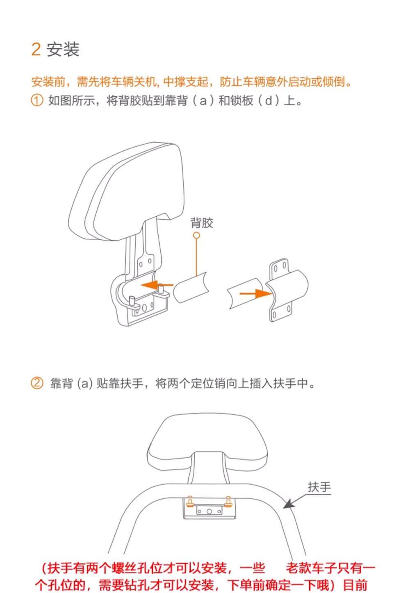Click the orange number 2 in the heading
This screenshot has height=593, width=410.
click(x=36, y=49)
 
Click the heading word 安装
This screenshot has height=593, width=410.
click(x=63, y=49)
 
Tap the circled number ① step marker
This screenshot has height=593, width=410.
click(x=37, y=100)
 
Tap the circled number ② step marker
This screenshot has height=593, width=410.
click(x=37, y=383)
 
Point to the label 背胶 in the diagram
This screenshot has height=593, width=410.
click(x=202, y=223)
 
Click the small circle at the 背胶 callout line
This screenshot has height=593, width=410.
click(x=196, y=235)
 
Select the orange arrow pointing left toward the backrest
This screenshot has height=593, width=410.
click(x=157, y=285)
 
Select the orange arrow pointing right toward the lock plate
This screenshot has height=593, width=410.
click(x=256, y=293)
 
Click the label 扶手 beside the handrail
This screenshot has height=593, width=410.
click(x=319, y=487)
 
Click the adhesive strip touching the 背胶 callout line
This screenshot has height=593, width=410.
click(x=191, y=288)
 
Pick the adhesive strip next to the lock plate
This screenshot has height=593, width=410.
click(x=245, y=293)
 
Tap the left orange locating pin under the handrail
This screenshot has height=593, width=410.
click(x=190, y=502)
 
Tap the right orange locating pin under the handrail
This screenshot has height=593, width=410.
click(x=228, y=502)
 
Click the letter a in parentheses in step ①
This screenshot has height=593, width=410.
click(x=203, y=101)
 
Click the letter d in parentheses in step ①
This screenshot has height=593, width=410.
click(x=269, y=100)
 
